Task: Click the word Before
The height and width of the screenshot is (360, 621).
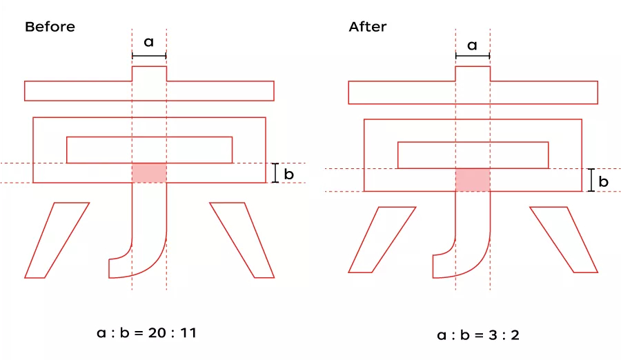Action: point(50,27)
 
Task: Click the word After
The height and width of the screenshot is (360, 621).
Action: point(368,27)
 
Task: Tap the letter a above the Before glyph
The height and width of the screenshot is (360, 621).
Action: point(148,42)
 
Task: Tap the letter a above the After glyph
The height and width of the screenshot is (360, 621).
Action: point(472,46)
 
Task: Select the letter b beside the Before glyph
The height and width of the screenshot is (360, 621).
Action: point(289,174)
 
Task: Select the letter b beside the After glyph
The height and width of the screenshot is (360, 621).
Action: point(603,181)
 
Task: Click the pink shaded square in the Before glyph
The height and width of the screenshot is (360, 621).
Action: point(149,172)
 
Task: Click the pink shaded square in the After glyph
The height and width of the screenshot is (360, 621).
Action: point(473,180)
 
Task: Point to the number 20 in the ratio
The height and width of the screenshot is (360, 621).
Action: point(157,332)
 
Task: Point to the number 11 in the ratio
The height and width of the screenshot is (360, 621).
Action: point(188,332)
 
